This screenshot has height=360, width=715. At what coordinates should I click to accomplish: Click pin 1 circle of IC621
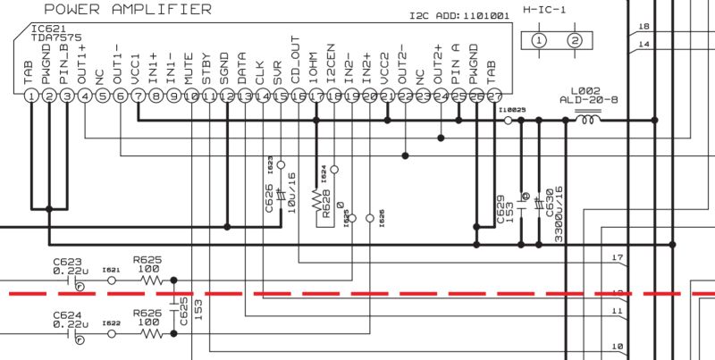32,96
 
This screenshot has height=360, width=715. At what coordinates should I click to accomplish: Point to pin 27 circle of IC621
493,96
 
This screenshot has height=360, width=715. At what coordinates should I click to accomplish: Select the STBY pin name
207,71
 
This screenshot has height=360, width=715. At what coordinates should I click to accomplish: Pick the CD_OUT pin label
297,61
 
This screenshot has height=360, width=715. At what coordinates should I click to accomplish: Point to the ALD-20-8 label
588,100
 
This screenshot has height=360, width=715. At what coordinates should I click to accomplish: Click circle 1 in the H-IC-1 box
539,41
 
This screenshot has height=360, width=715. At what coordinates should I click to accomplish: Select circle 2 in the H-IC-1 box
576,41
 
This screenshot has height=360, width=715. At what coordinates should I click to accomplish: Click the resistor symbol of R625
148,280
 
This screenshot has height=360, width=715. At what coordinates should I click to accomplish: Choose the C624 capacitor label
67,314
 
